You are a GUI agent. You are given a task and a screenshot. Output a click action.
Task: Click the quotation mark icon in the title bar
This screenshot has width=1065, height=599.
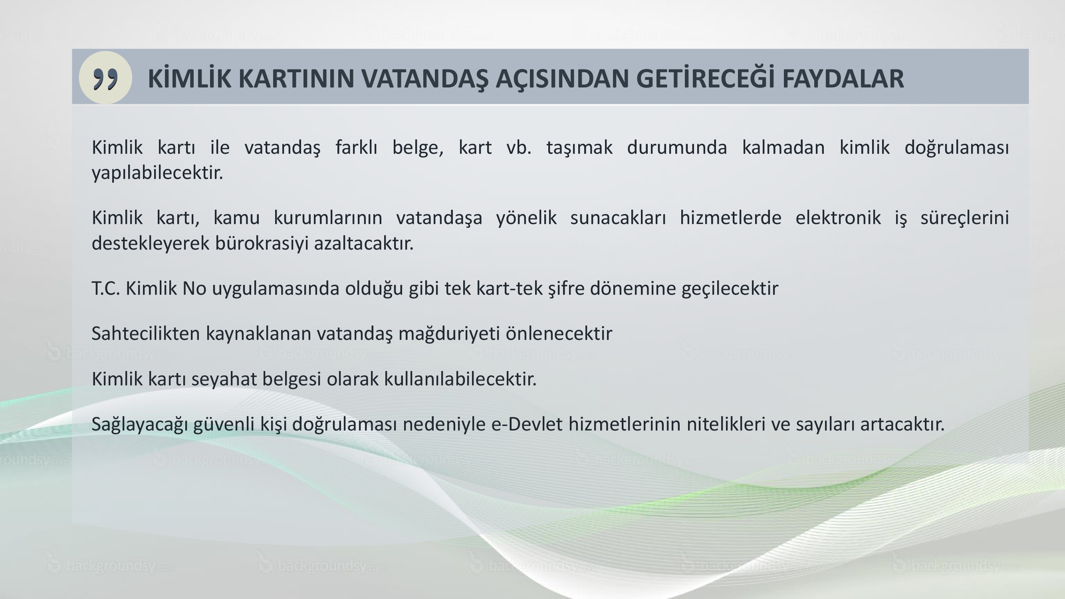105,78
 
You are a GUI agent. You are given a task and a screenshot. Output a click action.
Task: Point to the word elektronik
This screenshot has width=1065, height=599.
838,218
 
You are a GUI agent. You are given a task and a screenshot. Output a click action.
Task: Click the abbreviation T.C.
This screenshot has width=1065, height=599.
106,289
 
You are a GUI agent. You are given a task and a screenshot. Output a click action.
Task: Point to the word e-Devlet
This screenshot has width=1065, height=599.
527,424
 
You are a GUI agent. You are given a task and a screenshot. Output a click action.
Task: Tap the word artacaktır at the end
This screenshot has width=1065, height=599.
902,424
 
